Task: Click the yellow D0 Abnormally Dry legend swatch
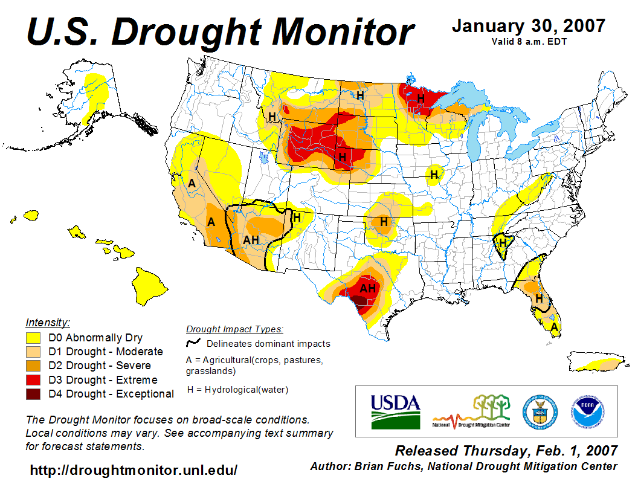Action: [33, 338]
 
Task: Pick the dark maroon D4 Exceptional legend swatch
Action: [33, 394]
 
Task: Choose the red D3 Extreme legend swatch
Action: [33, 380]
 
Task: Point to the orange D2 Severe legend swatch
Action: [33, 366]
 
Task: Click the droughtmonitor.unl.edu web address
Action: [134, 470]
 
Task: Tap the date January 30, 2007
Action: [528, 26]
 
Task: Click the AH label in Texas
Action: [368, 289]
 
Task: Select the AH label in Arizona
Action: [251, 240]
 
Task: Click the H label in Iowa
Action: [433, 175]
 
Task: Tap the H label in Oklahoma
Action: [384, 222]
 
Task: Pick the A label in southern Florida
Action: [554, 327]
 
